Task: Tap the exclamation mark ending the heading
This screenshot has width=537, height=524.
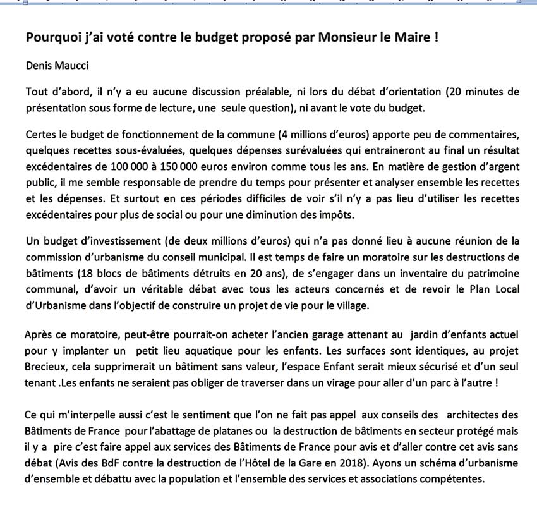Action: [436, 37]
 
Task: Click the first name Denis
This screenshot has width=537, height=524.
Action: [40, 65]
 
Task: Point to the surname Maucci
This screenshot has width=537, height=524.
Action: [74, 65]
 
